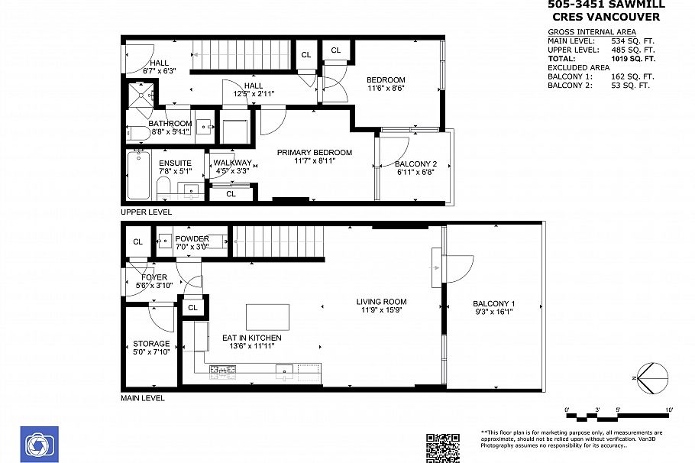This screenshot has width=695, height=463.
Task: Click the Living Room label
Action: [x=381, y=302]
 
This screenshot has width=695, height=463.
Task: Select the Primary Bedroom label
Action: [x=314, y=153]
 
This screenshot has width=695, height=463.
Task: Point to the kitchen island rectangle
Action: [x=267, y=316]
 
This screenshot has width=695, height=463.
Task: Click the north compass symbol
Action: [x=651, y=377]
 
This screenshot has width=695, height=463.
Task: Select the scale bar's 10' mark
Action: [x=669, y=410]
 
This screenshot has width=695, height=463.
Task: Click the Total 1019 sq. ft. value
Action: [x=633, y=58]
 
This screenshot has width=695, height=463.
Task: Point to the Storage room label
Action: [x=151, y=344]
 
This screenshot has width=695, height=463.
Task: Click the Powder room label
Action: [x=192, y=239]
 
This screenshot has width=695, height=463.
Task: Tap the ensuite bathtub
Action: [x=140, y=176]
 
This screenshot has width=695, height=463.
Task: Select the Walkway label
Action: [x=232, y=163]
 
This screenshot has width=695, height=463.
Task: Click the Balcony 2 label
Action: [x=415, y=164]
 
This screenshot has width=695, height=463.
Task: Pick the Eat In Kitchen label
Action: [x=251, y=338]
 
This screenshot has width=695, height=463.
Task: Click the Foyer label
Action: [x=149, y=277]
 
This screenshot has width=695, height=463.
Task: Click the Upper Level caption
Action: [x=146, y=212]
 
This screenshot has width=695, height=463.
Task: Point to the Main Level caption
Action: [x=142, y=398]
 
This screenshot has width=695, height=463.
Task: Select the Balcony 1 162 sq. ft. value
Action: [x=633, y=76]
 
